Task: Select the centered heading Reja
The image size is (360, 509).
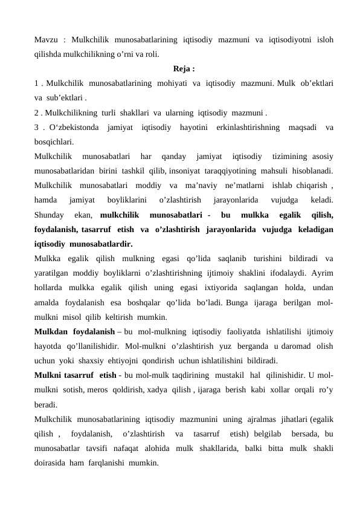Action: tap(181, 68)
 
